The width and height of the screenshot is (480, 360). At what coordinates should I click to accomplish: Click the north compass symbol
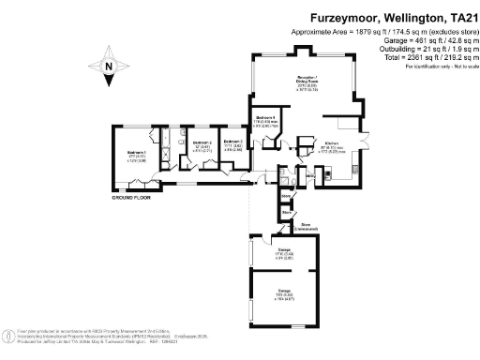pos(109,66)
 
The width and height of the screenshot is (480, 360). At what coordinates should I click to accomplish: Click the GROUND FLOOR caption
pos(132,199)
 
